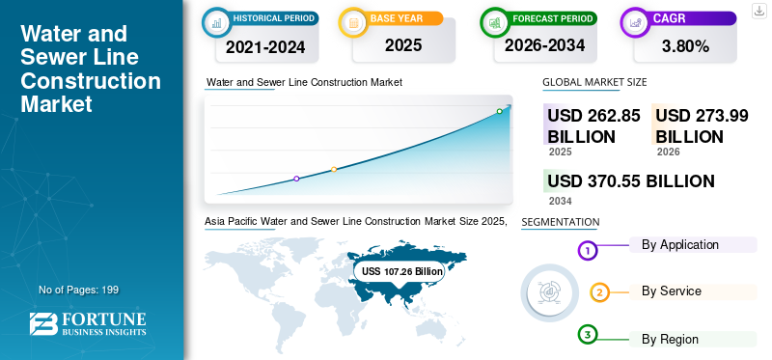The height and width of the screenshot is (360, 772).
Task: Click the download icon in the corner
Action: coord(758,11)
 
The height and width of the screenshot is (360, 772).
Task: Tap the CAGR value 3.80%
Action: coord(685,46)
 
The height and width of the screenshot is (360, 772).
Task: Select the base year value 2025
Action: coord(403,45)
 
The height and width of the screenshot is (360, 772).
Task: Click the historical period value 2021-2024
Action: coord(265,46)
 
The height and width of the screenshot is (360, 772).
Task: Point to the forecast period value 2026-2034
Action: coord(544,45)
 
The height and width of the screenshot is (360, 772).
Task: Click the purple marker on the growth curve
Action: coord(296,179)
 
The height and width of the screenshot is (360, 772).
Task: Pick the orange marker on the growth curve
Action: coord(334,170)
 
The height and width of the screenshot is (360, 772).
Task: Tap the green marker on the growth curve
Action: coord(499,111)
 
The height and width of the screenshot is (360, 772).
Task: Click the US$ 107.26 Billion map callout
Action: coord(400,271)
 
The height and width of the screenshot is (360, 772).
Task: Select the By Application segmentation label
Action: coord(680,244)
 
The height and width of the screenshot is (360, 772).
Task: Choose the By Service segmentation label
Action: coord(671,291)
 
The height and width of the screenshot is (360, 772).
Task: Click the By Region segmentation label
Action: coord(670,340)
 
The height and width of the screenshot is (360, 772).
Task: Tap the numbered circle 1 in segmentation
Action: coord(587,251)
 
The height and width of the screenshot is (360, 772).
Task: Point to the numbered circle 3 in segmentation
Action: coord(587,335)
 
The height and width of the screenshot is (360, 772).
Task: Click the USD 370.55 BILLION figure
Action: coord(631,181)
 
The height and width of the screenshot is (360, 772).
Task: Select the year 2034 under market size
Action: coord(561,201)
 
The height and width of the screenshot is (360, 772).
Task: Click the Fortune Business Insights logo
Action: coord(88,324)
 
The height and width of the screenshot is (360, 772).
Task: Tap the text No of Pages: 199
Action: coord(79,290)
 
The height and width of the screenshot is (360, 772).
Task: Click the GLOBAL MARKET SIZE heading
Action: coord(594,82)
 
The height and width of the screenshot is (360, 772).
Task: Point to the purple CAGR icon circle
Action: coord(635,22)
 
